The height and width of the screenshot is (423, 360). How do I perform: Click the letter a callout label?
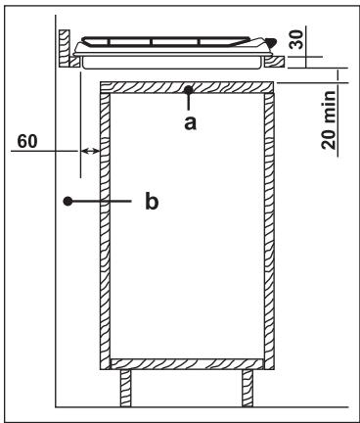[192, 121]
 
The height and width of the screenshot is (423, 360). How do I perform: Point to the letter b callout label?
[151, 202]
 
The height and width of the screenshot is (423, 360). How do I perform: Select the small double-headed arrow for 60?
[90, 151]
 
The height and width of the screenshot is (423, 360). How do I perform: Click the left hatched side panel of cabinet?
[107, 225]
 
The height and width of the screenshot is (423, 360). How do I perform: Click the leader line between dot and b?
[103, 202]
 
